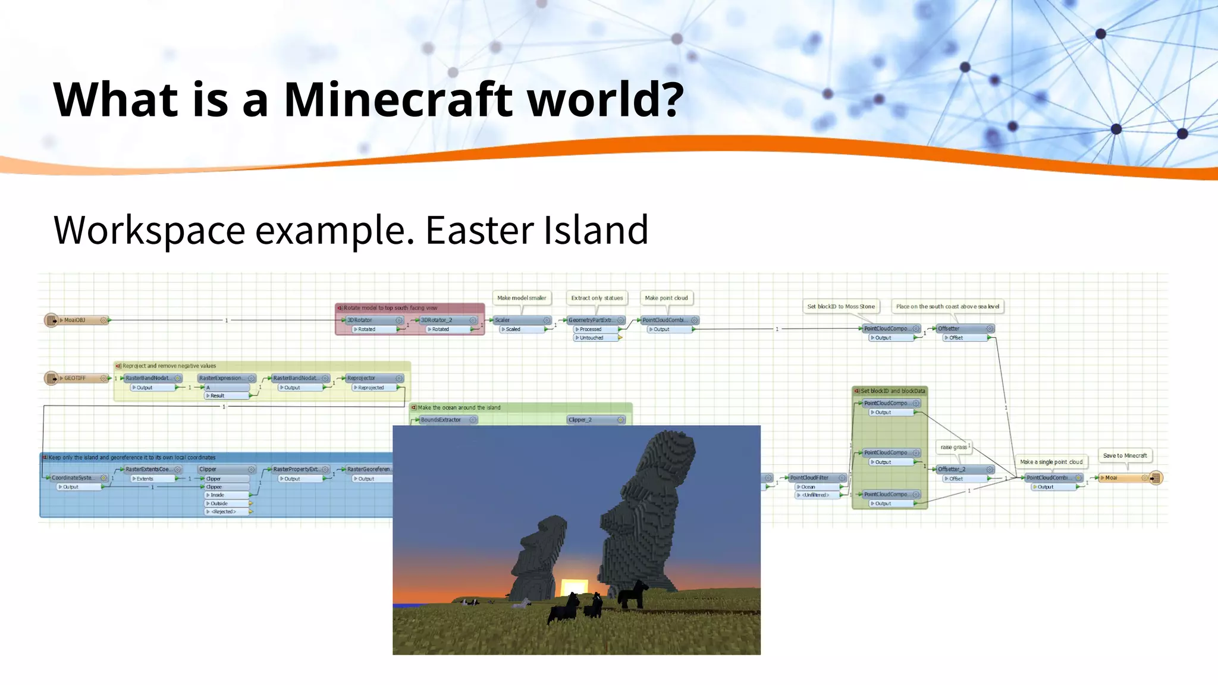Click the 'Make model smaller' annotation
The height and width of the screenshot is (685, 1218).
click(x=522, y=298)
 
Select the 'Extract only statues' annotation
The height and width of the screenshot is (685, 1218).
click(x=597, y=298)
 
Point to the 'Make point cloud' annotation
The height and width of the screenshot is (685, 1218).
click(x=666, y=298)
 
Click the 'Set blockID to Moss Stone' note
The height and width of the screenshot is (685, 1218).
click(x=840, y=307)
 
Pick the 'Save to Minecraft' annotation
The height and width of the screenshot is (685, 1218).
click(x=1125, y=455)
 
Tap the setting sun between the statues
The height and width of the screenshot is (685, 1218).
click(x=575, y=587)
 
